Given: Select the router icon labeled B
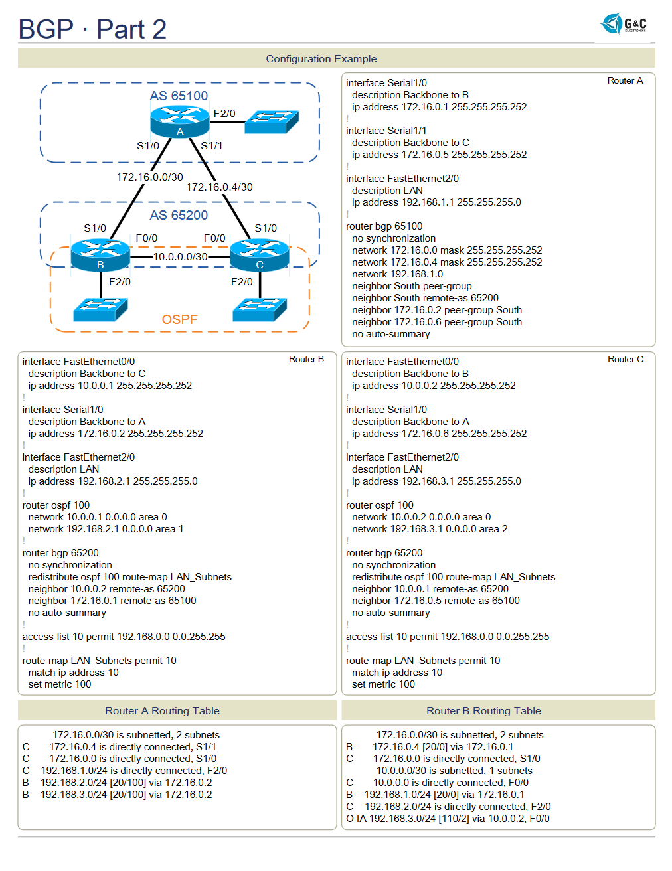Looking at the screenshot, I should tap(100, 254).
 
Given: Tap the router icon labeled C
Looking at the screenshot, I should tap(259, 254).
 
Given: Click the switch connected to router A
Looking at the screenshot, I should tap(272, 121).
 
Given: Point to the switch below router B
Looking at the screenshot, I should tap(100, 309).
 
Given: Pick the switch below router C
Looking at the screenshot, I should tap(260, 309).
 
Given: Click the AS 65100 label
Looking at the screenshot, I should tap(179, 96).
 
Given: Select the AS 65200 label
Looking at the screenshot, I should tap(179, 215).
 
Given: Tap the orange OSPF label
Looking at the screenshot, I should tap(179, 319).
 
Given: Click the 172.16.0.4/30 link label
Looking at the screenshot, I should tap(219, 187).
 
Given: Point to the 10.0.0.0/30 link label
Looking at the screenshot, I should tap(180, 256).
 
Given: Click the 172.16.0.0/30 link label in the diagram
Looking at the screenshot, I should tap(149, 177).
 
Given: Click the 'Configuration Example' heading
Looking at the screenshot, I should tap(321, 59).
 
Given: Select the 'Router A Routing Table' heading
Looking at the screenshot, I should tap(162, 711).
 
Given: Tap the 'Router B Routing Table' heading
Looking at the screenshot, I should tap(483, 711).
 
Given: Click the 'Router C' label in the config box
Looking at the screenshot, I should tap(625, 359).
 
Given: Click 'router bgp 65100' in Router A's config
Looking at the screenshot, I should tap(384, 226).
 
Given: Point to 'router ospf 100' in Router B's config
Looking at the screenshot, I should tap(56, 505).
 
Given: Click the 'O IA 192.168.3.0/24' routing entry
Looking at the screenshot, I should tap(448, 819).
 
